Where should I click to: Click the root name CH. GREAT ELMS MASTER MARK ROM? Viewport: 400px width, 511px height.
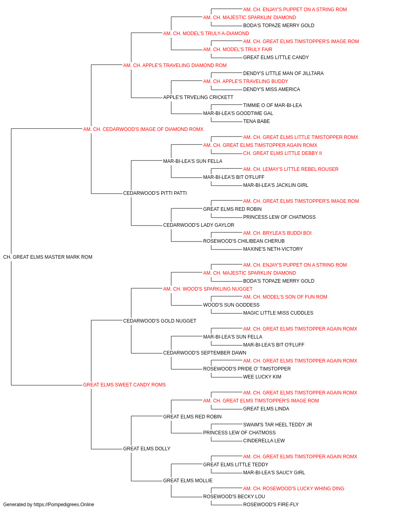click(x=48, y=257)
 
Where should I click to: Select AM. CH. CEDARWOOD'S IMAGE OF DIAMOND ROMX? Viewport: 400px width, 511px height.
click(x=143, y=129)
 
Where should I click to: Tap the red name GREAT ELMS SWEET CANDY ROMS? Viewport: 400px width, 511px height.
click(x=124, y=385)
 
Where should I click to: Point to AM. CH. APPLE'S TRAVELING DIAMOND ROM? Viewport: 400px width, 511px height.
click(x=175, y=65)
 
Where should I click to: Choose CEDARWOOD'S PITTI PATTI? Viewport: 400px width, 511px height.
click(x=155, y=193)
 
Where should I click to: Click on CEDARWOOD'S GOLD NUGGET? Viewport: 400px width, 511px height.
click(x=160, y=321)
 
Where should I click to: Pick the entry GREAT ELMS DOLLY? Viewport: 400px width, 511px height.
click(x=146, y=448)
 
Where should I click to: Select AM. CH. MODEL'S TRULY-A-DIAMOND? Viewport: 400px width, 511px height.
click(x=206, y=34)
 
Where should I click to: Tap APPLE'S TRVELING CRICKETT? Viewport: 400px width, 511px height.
click(x=198, y=97)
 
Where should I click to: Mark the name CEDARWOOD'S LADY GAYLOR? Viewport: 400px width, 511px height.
click(x=198, y=225)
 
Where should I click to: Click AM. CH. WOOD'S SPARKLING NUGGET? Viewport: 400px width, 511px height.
click(x=208, y=289)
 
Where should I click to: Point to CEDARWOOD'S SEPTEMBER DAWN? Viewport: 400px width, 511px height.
click(x=204, y=353)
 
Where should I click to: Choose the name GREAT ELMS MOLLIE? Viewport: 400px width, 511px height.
click(x=188, y=480)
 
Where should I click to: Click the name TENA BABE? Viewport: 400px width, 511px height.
click(x=256, y=121)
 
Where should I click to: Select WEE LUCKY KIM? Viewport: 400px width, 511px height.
click(x=262, y=377)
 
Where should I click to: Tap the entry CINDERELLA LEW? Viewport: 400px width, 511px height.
click(x=264, y=440)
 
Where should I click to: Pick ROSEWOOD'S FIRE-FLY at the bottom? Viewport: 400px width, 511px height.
click(x=271, y=505)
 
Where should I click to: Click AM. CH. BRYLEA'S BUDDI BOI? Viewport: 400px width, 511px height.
click(x=277, y=233)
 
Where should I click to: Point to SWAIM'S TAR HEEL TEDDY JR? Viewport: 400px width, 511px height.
click(x=278, y=424)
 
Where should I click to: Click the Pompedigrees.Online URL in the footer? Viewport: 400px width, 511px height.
click(x=64, y=505)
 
